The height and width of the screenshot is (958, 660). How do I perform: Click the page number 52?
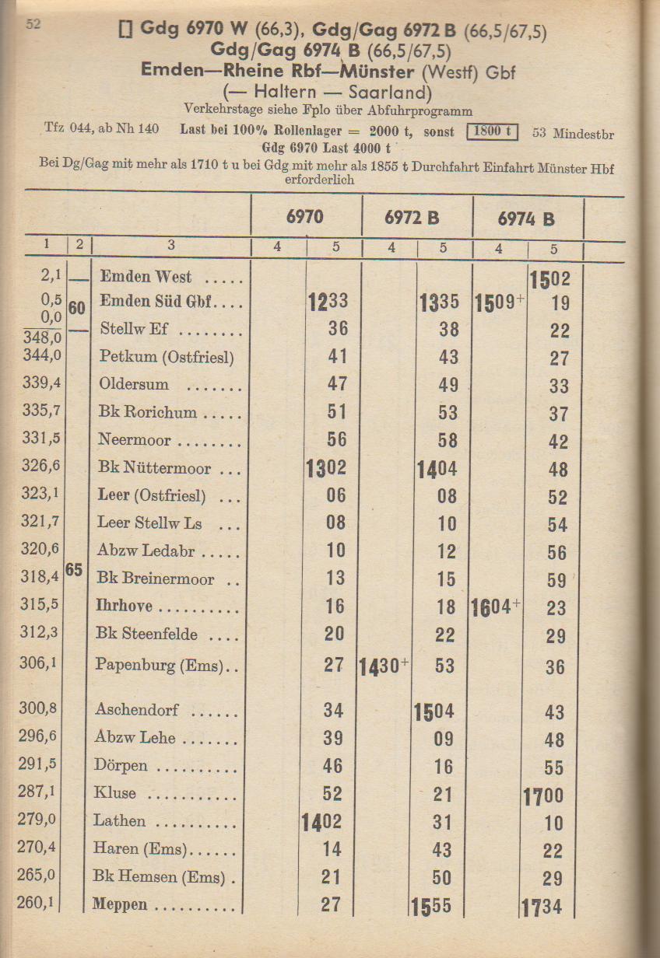[33, 25]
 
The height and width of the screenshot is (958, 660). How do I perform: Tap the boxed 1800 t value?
[492, 131]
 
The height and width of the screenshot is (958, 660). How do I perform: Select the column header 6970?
[305, 217]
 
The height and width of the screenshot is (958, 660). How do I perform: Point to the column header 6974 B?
[527, 219]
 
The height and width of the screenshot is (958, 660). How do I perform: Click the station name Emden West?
[146, 277]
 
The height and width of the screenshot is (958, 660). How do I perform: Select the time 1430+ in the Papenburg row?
[384, 667]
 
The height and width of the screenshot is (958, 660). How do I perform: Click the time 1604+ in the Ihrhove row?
[496, 607]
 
